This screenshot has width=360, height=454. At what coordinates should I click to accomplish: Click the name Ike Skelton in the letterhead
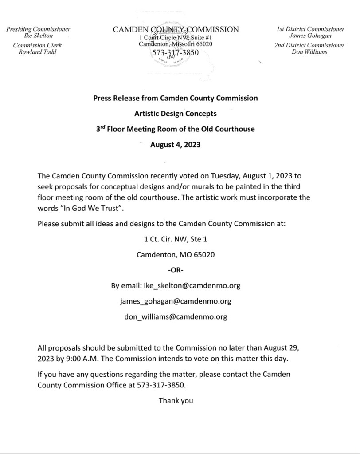pos(38,36)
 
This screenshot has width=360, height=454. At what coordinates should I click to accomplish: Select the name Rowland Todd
pos(38,51)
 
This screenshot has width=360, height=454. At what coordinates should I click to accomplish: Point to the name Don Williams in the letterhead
pos(309,51)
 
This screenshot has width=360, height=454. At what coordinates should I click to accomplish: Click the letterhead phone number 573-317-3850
pos(176,52)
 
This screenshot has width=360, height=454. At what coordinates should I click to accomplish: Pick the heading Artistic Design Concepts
pos(176,114)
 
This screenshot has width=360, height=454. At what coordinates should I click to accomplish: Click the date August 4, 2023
pos(176,145)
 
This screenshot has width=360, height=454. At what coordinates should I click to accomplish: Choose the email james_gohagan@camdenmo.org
pos(176,301)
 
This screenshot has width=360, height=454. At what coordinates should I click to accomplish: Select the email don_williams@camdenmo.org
pos(176,317)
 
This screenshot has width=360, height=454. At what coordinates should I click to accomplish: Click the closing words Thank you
pos(176,401)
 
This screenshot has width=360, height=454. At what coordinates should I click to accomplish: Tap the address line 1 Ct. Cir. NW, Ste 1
pos(176,239)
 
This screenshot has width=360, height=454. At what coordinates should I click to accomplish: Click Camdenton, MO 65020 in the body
pos(176,255)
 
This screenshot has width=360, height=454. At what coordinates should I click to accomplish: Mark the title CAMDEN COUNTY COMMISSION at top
pos(176,30)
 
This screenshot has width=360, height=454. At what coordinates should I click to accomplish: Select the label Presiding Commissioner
pos(38,29)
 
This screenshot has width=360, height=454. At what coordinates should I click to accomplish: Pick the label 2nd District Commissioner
pos(309,45)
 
